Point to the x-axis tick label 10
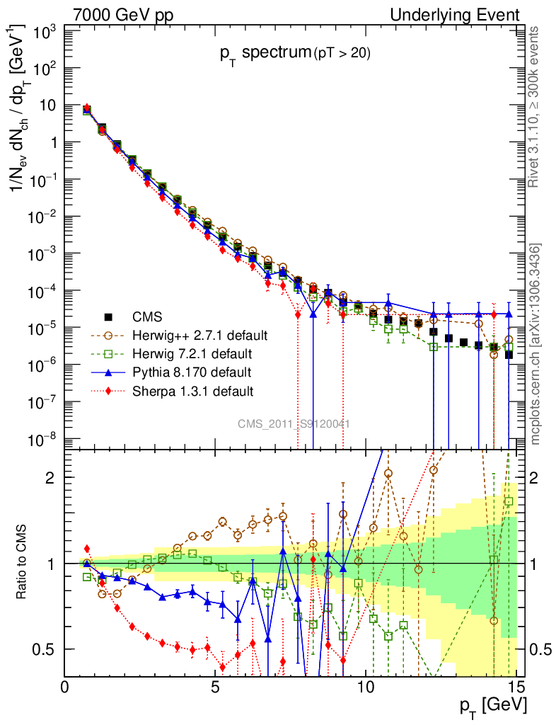click(366, 687)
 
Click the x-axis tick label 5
click(215, 687)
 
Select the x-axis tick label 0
click(65, 687)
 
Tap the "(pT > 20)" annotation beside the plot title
click(342, 54)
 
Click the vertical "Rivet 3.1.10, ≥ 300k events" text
click(535, 107)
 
